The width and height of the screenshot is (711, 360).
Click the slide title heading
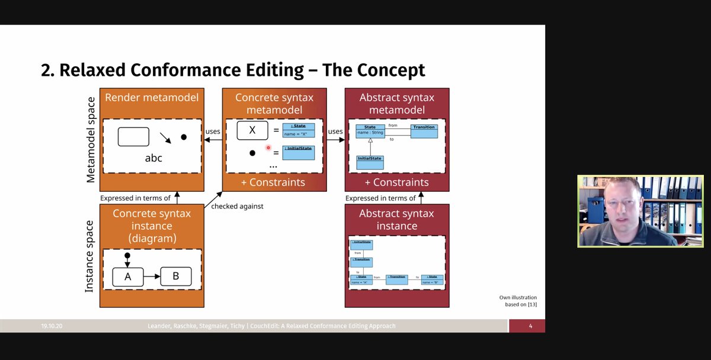click(233, 70)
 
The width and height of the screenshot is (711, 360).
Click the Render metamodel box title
click(151, 98)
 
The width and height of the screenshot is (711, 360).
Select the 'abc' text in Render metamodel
click(153, 158)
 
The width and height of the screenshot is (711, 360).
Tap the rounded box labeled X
click(252, 130)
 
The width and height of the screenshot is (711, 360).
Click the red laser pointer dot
click(268, 148)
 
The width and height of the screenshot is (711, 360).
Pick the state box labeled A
click(128, 277)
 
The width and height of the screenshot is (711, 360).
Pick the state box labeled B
click(175, 277)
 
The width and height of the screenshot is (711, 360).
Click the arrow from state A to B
click(152, 277)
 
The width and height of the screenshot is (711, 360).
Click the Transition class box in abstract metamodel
click(424, 131)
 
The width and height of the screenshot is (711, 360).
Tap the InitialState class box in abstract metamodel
click(370, 162)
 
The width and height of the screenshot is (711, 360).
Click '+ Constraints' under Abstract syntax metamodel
click(396, 182)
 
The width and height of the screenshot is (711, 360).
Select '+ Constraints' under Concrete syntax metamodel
click(273, 182)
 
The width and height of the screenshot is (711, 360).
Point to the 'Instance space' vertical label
click(89, 256)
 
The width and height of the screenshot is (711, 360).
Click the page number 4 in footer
click(530, 326)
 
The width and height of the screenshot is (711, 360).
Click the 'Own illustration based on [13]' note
click(517, 301)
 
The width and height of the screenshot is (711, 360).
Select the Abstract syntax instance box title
click(396, 220)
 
